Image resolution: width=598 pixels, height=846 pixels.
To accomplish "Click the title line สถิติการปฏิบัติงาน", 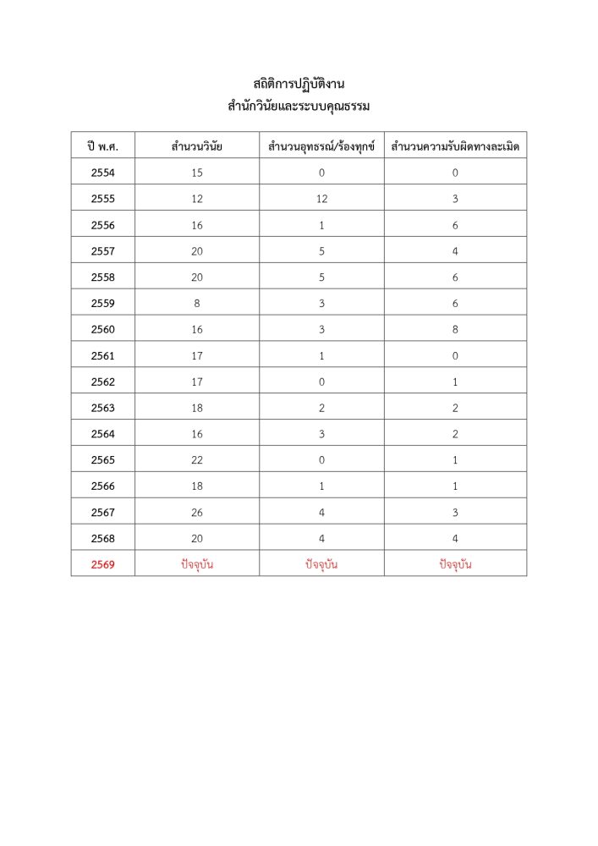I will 299,84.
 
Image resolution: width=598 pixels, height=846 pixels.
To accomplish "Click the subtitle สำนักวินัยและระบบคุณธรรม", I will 299,107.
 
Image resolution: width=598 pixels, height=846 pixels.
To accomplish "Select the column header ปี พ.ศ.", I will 102,146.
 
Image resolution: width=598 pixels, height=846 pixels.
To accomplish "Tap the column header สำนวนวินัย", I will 196,146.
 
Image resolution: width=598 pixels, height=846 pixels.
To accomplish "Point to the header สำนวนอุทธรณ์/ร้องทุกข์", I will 321,146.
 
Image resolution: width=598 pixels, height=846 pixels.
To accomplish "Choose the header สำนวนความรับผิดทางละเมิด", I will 455,146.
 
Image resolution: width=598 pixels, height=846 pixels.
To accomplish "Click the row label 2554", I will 102,173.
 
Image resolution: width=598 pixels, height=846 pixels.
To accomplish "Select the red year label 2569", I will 102,564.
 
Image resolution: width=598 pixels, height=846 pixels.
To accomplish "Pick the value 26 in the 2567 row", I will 196,512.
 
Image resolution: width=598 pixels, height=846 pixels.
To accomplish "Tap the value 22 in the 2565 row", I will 196,459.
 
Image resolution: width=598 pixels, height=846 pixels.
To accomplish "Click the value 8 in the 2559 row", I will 196,303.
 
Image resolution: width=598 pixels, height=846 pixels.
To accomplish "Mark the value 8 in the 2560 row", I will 455,329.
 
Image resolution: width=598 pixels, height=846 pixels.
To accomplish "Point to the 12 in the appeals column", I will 321,199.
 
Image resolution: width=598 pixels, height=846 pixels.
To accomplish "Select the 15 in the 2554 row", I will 196,173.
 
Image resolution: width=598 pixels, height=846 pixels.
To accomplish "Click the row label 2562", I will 102,382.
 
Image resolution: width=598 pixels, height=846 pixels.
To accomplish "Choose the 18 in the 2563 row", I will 196,408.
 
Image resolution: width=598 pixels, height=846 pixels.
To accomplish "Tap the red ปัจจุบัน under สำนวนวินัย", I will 196,564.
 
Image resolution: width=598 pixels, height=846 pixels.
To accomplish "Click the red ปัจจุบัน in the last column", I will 455,564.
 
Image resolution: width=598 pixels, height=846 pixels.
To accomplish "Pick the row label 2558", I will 102,277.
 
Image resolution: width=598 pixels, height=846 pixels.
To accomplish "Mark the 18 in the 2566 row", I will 196,486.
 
